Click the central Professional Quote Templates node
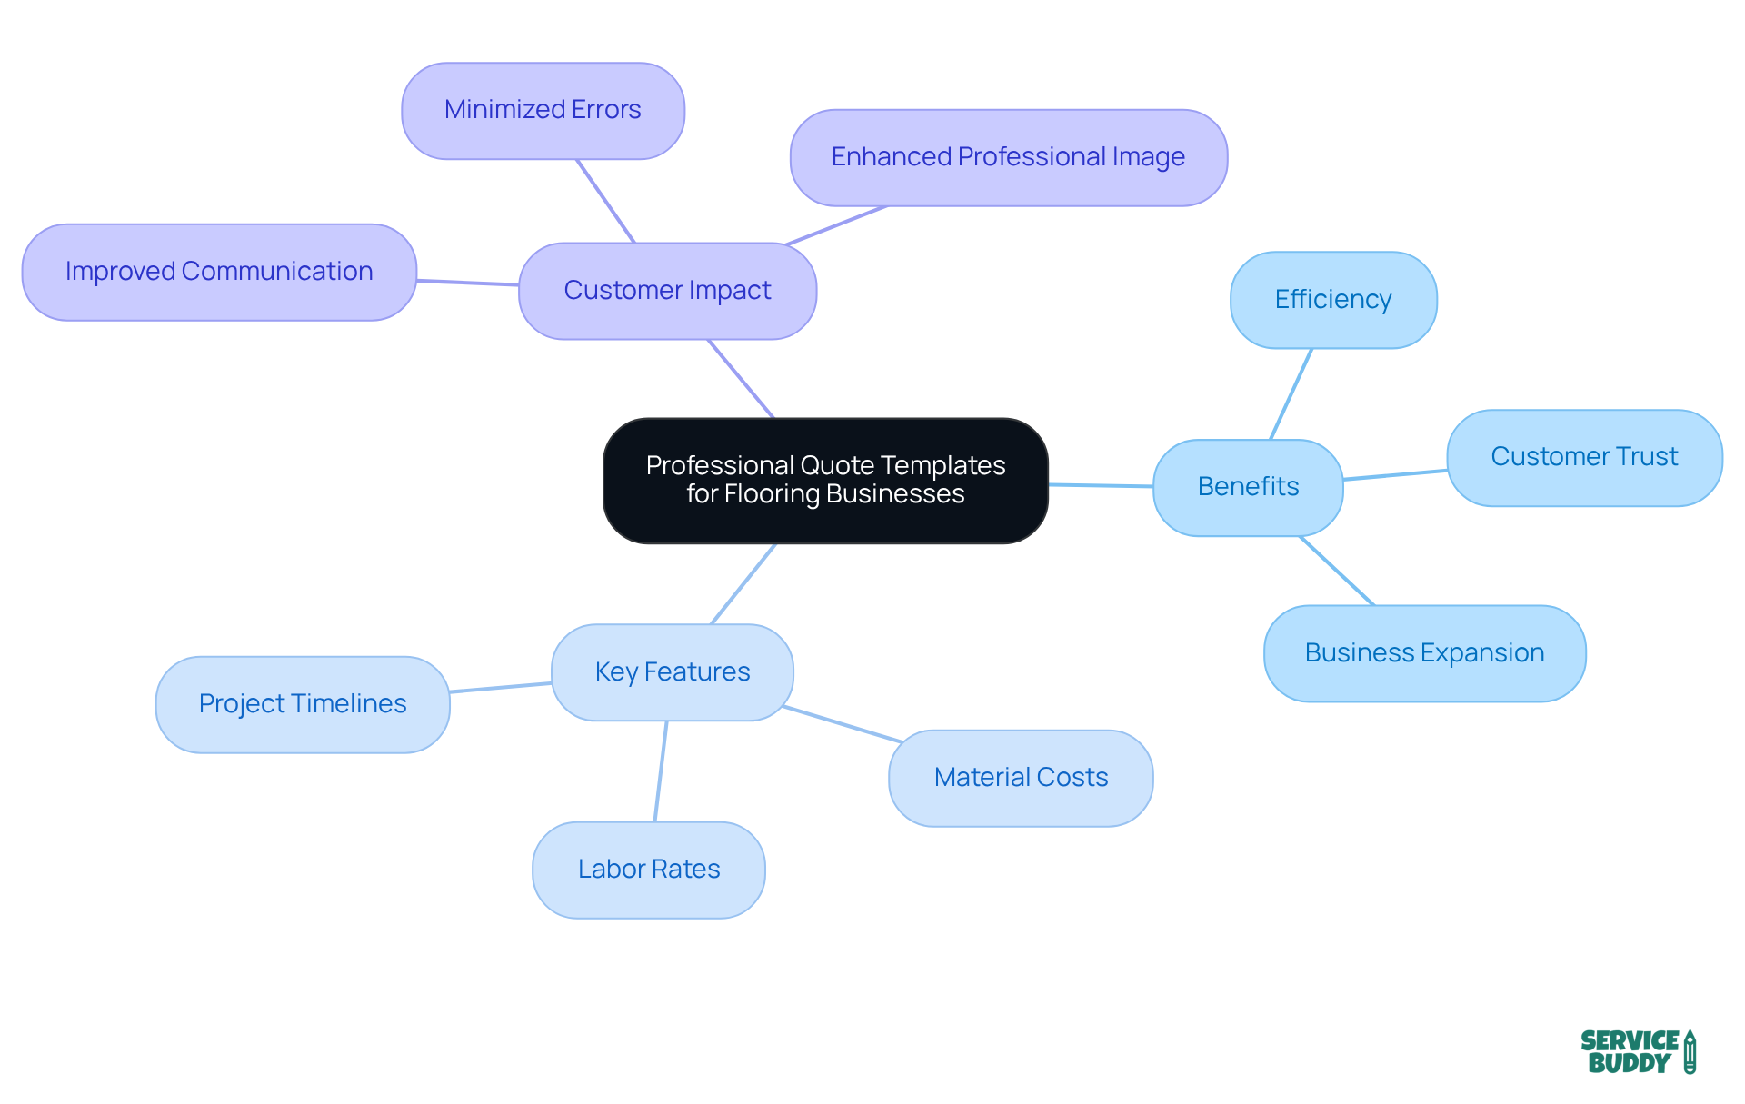(x=825, y=480)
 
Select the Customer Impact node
(x=667, y=291)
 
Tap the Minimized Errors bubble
(x=543, y=110)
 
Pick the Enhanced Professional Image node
(x=1008, y=157)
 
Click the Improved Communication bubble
(x=219, y=272)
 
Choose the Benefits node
(x=1248, y=487)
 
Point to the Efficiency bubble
(x=1333, y=300)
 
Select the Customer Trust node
(x=1584, y=457)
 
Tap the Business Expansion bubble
(x=1424, y=653)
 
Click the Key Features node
(x=673, y=672)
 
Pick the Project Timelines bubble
(x=303, y=704)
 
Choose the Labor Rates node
(x=649, y=870)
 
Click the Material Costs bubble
(x=1021, y=778)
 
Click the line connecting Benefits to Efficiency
(x=1291, y=394)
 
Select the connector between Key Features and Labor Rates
(x=661, y=771)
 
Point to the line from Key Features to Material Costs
(x=843, y=724)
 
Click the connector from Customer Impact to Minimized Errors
(x=605, y=201)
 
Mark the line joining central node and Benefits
(x=1101, y=486)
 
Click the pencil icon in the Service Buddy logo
(x=1690, y=1051)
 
